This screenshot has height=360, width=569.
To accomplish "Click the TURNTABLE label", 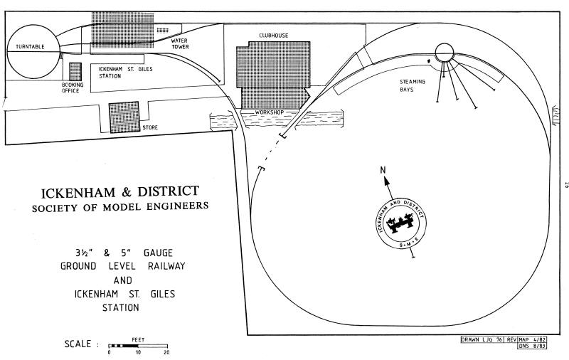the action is click(x=30, y=47).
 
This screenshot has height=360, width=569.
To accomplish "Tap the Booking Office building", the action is click(x=75, y=72).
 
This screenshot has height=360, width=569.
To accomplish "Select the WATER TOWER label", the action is click(x=180, y=43).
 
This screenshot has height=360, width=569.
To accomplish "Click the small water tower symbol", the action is click(x=163, y=31).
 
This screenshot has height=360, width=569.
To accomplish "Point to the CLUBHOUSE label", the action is click(x=274, y=36).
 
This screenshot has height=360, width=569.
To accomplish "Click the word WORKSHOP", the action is click(x=270, y=112).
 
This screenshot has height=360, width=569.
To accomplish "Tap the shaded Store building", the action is click(x=124, y=117).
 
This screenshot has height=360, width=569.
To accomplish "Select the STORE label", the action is click(x=150, y=128).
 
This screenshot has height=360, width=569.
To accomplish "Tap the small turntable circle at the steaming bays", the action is click(x=444, y=53).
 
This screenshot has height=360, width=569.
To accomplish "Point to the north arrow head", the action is click(x=386, y=181).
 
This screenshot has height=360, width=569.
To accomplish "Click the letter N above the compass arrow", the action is click(x=383, y=170).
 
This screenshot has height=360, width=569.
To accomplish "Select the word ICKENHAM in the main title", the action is click(x=79, y=193).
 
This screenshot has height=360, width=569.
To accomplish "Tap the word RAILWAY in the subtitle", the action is click(x=166, y=266).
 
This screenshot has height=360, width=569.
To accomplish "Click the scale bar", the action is click(x=138, y=346).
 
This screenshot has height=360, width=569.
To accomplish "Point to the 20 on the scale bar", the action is click(x=166, y=352).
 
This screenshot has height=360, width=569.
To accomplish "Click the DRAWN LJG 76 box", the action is click(x=482, y=339).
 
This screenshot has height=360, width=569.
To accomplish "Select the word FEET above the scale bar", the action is click(x=138, y=340).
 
